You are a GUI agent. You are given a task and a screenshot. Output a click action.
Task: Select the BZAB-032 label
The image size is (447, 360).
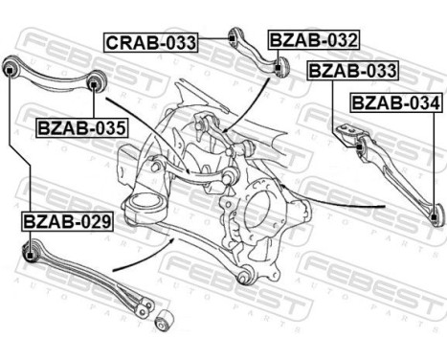coord(313,40)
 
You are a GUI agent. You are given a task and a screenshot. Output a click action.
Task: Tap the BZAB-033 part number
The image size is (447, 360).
coord(351,71)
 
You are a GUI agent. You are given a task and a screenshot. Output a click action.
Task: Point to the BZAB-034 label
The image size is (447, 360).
coord(395,102)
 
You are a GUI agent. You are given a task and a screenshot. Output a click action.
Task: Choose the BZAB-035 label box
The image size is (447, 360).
coord(81,126)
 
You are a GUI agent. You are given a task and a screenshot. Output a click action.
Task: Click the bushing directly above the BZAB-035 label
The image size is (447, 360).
coord(93,86)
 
